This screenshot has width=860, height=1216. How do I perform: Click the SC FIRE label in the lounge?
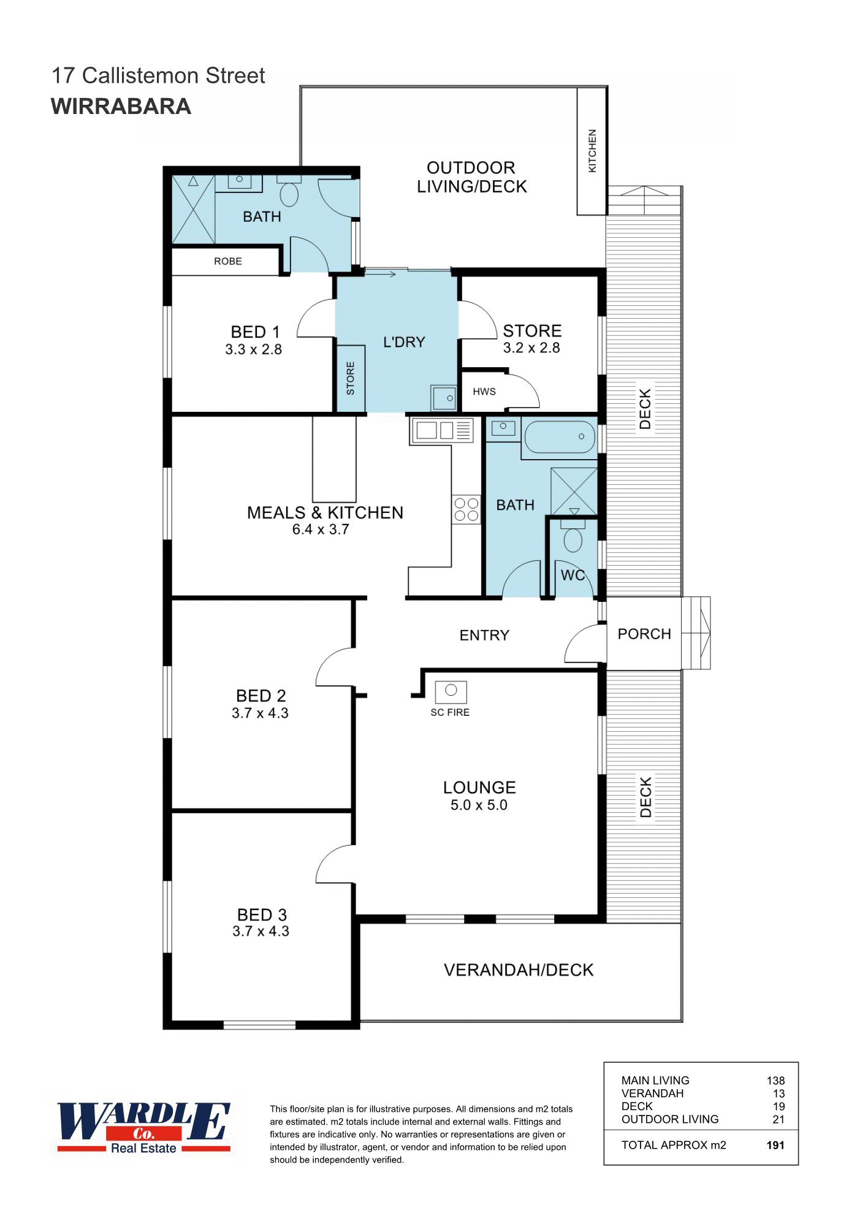pos(449,712)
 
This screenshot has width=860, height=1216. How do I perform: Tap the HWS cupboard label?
pos(484,392)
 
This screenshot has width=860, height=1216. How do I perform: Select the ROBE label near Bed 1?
pos(227,261)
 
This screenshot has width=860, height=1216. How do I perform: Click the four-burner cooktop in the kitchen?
pos(466,509)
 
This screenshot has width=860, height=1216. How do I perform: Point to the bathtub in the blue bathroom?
pos(559,437)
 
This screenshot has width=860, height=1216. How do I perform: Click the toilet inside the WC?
pos(573,540)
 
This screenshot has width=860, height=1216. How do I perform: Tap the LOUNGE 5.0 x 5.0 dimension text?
pos(479,805)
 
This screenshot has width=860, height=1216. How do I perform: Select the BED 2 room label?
pos(261,696)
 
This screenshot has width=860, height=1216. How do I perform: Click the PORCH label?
pos(644,634)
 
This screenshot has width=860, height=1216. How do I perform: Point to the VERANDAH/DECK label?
pos(519,970)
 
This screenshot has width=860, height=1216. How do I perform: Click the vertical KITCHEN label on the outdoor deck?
pos(592,150)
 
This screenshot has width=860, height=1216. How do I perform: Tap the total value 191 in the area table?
pos(775,1145)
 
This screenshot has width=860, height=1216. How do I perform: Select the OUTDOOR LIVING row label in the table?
pos(669,1119)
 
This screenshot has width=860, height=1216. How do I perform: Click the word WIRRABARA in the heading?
pos(121,107)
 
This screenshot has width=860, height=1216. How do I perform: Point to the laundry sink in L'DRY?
pos(443,398)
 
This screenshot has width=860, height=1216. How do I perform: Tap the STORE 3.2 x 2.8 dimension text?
pos(531,348)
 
